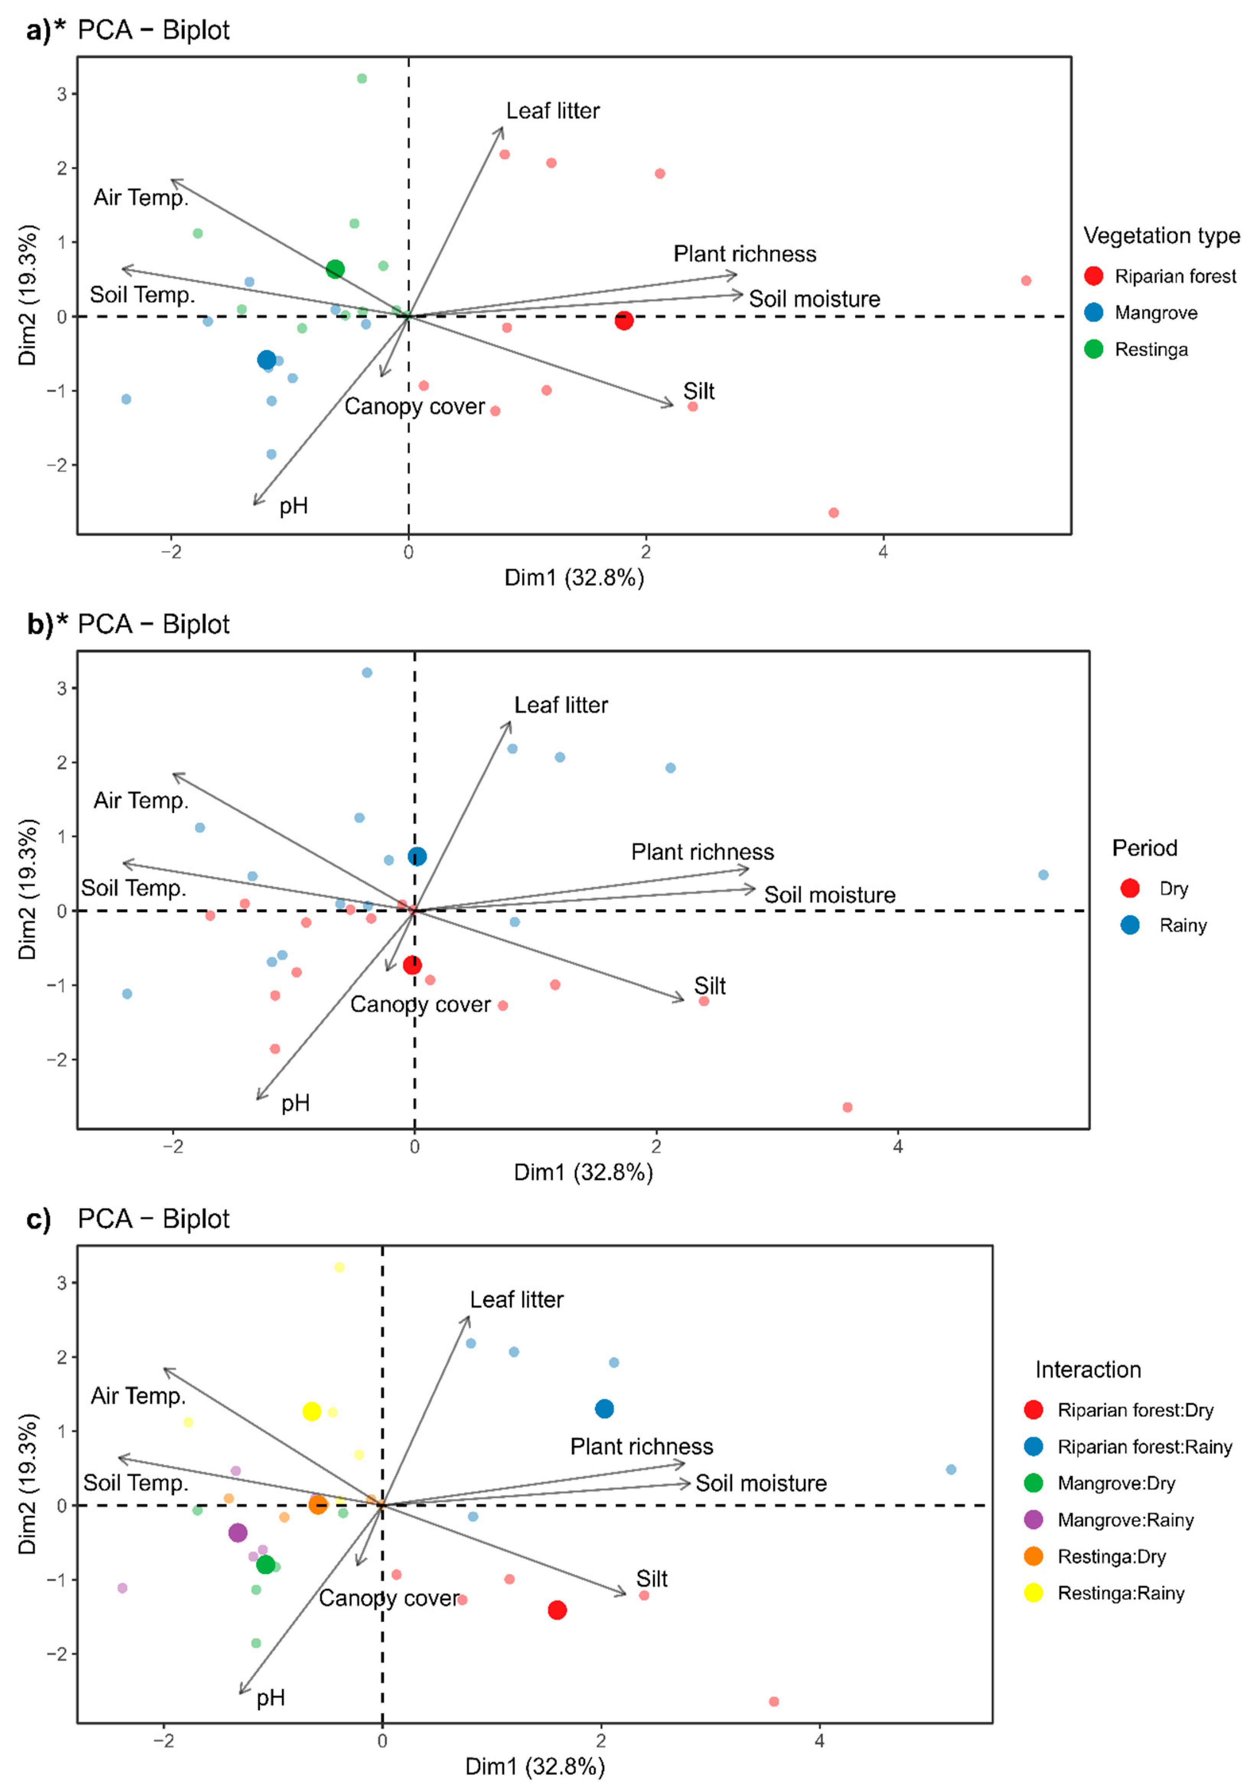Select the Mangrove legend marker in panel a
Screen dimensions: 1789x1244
[1094, 312]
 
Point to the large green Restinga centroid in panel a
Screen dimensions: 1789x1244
[335, 270]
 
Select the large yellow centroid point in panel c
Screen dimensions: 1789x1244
[311, 1411]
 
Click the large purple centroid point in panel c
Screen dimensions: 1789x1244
[238, 1533]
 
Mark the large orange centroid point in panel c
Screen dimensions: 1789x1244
[317, 1504]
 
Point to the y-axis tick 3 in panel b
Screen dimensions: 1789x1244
[62, 688]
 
